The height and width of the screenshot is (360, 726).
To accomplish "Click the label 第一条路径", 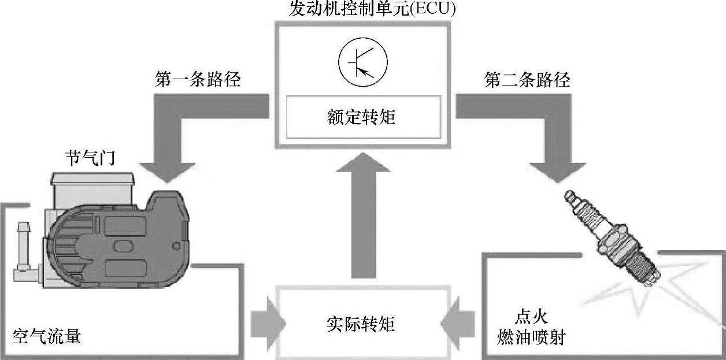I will point(198,80).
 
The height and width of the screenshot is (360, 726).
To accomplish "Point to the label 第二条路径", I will point(527,80).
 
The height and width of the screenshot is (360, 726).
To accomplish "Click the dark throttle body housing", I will point(116,243).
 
